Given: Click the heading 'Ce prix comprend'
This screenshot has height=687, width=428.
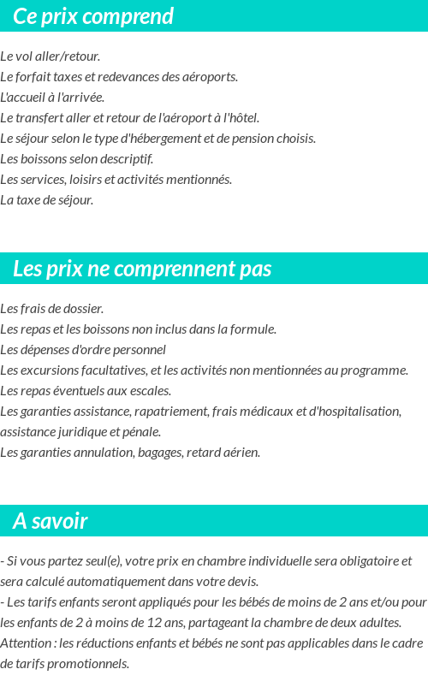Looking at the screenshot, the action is (93, 16).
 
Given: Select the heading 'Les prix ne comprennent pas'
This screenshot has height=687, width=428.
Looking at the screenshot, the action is (142, 269).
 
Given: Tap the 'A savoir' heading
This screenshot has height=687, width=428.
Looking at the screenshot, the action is (51, 521).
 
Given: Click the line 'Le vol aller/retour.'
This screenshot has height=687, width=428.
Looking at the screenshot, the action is (51, 56).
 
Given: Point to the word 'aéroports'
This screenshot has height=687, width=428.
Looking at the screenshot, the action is (209, 77).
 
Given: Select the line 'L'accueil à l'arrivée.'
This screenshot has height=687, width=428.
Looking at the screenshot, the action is (52, 98).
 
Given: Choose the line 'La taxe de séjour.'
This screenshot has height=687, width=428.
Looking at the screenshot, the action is (47, 200).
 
